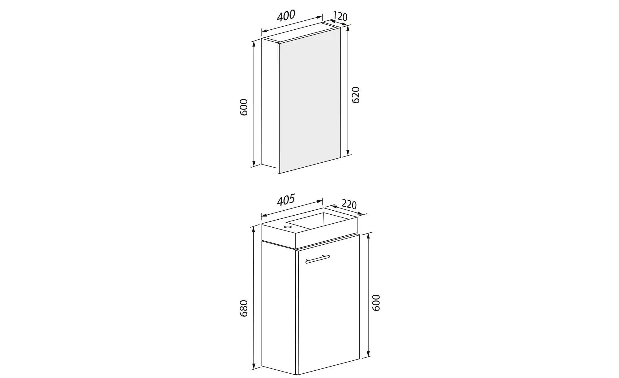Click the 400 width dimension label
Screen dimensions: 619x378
click(x=286, y=15)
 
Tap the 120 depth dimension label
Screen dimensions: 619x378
click(x=340, y=16)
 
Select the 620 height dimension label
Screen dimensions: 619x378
click(x=356, y=95)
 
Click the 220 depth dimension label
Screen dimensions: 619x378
click(x=349, y=204)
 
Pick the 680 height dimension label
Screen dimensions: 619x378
click(x=244, y=308)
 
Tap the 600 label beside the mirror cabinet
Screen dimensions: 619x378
click(x=244, y=107)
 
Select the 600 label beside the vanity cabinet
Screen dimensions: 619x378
click(x=375, y=303)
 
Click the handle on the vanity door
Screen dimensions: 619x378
click(x=318, y=259)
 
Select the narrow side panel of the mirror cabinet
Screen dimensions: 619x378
click(x=269, y=104)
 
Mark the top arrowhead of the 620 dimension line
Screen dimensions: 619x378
click(x=348, y=28)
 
